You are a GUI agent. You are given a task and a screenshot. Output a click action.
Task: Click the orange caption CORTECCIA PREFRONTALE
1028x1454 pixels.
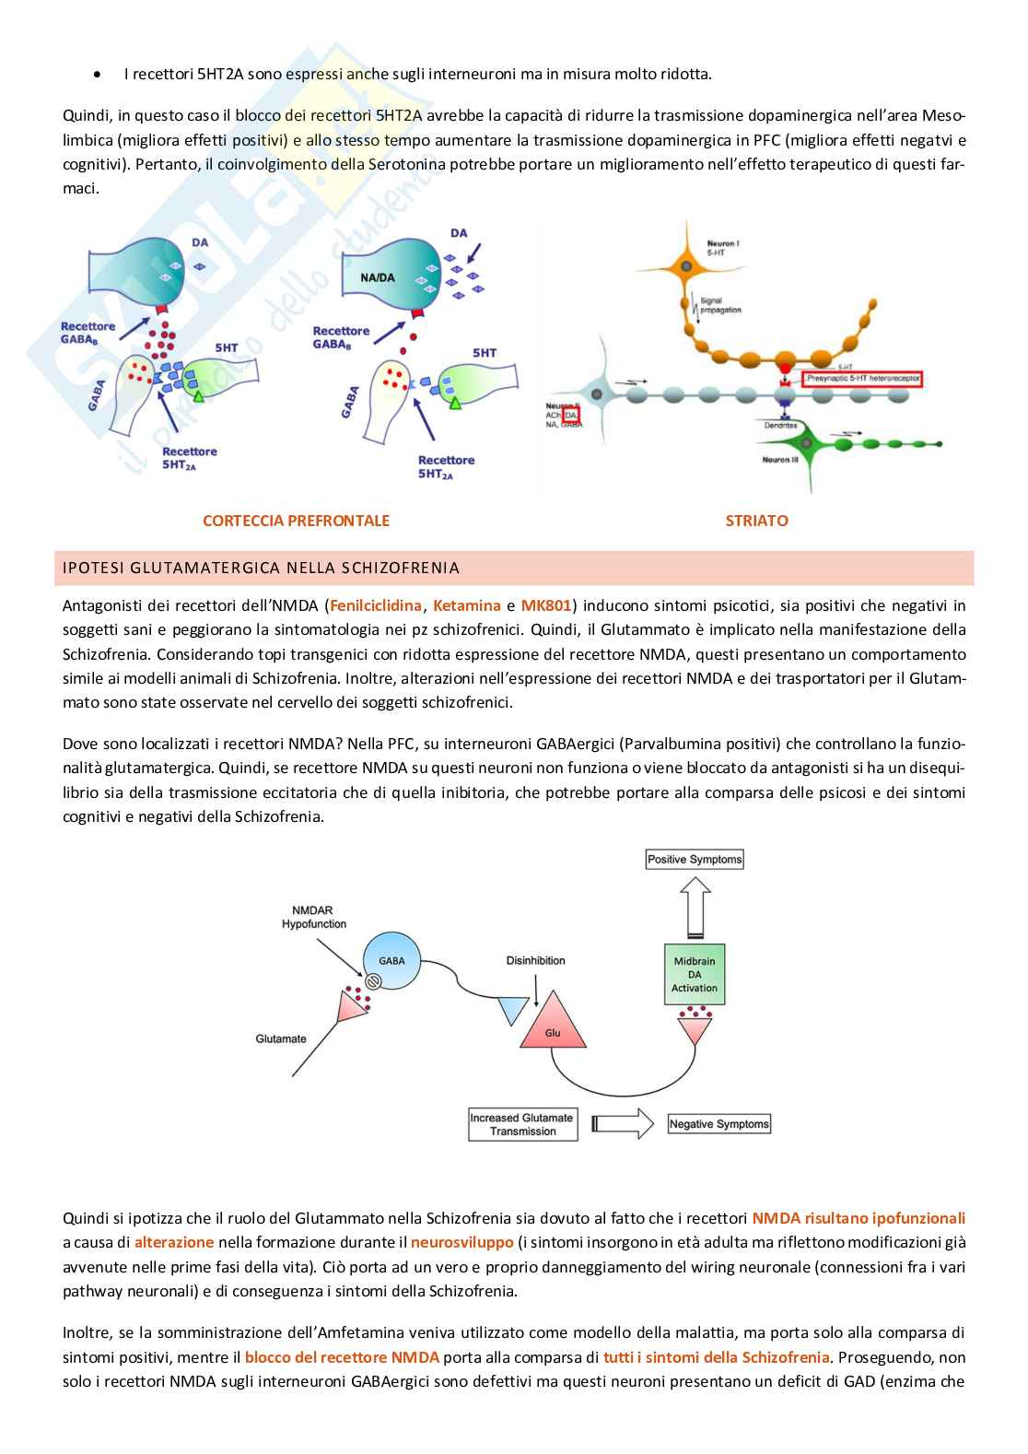click(296, 521)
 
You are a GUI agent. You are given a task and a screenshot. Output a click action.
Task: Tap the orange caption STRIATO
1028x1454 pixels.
click(756, 521)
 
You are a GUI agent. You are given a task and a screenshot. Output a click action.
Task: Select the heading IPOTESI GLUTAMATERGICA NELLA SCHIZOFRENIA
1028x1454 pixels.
click(261, 568)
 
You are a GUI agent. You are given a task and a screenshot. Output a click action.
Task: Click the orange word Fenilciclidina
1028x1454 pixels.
click(375, 605)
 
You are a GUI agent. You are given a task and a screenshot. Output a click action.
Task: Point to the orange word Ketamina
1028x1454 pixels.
click(467, 605)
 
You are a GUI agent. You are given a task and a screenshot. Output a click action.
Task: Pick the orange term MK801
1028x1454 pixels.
click(546, 605)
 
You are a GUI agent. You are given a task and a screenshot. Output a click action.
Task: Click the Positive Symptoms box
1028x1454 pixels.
click(695, 860)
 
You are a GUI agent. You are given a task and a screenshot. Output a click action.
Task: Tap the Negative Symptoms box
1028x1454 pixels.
click(718, 1124)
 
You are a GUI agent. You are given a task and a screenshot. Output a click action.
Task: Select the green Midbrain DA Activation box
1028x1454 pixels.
click(695, 974)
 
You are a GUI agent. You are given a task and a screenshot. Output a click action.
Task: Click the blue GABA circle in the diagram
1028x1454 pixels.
click(391, 961)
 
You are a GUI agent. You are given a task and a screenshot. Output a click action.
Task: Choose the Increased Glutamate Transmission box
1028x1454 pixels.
click(522, 1124)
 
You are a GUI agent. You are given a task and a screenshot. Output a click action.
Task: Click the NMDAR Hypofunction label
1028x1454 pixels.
click(314, 917)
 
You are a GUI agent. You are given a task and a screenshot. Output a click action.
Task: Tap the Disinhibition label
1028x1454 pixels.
click(535, 960)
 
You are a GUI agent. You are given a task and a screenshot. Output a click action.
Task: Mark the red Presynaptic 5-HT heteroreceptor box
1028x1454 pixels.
click(862, 379)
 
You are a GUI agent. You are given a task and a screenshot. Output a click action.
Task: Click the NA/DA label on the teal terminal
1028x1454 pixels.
click(378, 277)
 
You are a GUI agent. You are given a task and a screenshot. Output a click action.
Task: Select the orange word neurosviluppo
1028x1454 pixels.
click(462, 1242)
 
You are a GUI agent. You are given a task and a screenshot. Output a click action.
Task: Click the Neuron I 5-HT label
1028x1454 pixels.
click(722, 247)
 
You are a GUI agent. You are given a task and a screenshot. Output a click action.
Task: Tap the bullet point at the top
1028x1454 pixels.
click(97, 74)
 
